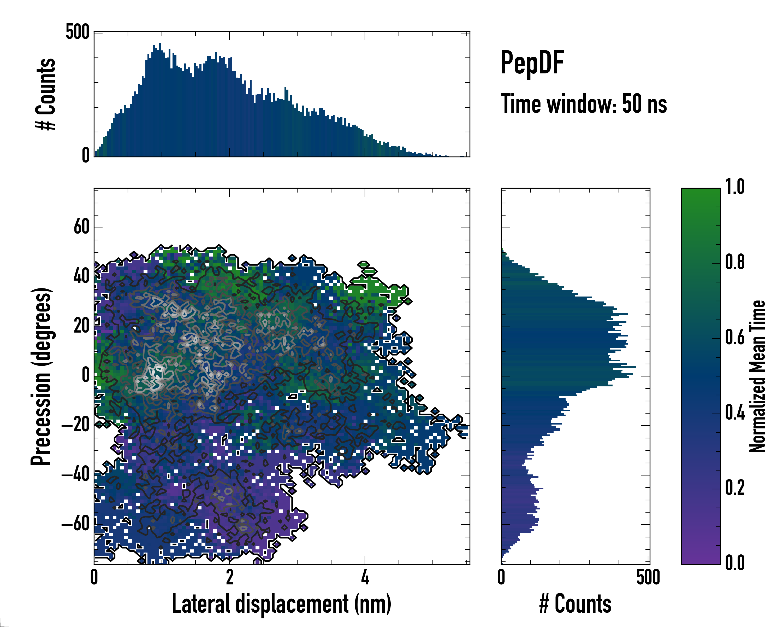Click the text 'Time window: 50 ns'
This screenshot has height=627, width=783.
click(x=584, y=104)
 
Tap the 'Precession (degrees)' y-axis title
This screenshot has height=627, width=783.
click(x=41, y=376)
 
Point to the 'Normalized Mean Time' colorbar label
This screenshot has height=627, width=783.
click(x=758, y=376)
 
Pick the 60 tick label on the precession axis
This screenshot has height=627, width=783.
click(x=81, y=227)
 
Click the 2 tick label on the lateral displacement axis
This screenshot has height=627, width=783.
click(x=229, y=577)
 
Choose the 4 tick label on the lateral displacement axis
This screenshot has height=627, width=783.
click(x=365, y=577)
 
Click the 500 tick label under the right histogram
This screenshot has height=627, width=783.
click(x=648, y=577)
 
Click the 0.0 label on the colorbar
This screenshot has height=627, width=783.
click(x=735, y=563)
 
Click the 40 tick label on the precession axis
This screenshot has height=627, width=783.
click(x=81, y=277)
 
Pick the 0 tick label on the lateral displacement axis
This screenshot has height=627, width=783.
click(x=94, y=577)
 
